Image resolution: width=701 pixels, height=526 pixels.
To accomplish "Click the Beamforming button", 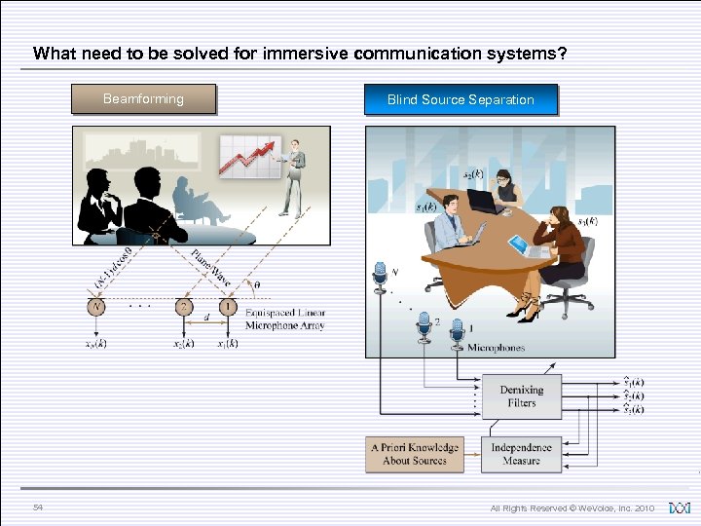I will pos(143,98).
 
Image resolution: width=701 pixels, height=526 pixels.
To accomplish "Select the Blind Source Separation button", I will pos(461,99).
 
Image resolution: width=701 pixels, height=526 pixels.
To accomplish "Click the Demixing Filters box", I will pos(521,395).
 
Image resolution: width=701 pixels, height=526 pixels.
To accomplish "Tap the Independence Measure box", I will pos(521,454).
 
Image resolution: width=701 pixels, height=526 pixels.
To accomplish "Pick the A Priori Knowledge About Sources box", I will pos(415,454).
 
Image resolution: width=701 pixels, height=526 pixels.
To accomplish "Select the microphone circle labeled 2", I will pos(183,307).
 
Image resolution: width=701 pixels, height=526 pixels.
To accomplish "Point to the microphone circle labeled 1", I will pos(227,307).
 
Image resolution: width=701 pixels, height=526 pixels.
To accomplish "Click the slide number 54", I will pos(38,507).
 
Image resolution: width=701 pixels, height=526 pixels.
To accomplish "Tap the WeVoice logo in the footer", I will pos(681,507).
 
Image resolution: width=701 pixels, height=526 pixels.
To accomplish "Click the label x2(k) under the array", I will pos(183,344).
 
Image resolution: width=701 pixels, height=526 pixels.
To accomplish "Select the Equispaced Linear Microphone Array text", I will pos(285,319).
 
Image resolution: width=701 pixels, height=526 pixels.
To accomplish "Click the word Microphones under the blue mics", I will pos(496,348).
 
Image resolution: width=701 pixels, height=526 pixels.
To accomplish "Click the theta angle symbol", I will pos(257,285).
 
